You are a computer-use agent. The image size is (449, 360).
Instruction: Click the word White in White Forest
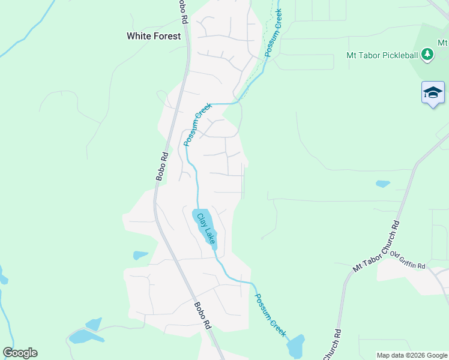[139, 36]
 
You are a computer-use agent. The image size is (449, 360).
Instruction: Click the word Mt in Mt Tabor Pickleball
[352, 55]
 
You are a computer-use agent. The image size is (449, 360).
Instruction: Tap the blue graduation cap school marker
[433, 93]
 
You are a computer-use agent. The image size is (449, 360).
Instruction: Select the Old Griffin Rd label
[408, 260]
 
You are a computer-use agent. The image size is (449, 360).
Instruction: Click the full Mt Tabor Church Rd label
[376, 247]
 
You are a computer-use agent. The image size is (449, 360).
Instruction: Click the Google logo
[20, 353]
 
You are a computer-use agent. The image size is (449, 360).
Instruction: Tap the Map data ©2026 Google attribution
[411, 355]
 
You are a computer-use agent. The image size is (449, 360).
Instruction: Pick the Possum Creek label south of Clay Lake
[270, 315]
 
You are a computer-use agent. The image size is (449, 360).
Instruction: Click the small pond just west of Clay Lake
[140, 255]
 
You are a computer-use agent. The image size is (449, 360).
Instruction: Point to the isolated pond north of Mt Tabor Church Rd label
[382, 184]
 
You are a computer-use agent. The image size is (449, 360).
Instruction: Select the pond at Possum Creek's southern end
[295, 347]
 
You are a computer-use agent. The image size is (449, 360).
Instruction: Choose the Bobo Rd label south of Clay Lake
[202, 315]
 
